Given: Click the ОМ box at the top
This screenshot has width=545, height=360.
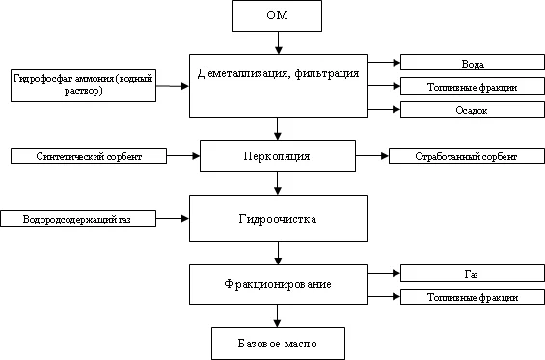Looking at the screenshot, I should (x=278, y=16).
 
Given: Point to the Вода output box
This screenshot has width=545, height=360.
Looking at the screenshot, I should (x=473, y=63).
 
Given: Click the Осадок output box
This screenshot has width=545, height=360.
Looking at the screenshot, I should (x=473, y=110).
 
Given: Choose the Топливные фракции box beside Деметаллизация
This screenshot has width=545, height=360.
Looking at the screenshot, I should (x=473, y=87).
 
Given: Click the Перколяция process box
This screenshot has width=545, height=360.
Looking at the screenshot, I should (x=278, y=154).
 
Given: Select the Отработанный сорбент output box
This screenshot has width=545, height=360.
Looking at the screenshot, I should (x=466, y=155).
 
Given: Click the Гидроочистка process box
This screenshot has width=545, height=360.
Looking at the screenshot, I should (x=278, y=218).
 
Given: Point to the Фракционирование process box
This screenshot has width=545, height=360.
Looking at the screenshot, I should (x=278, y=285).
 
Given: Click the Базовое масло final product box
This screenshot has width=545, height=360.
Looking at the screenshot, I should (x=278, y=343).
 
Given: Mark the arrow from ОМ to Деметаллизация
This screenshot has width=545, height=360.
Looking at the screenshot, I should (x=278, y=42).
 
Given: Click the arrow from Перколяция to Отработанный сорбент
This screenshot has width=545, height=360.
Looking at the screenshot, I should (x=372, y=155).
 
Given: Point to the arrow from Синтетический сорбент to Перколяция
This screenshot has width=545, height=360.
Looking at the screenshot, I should (x=183, y=155).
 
